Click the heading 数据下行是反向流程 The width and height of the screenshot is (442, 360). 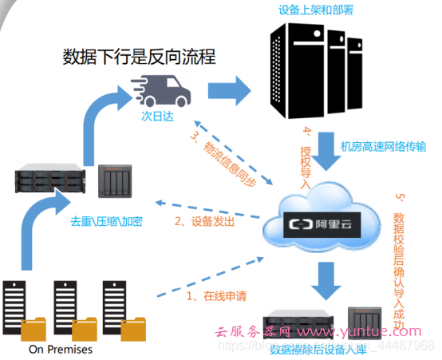tap(139, 57)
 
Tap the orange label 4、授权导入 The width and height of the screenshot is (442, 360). tap(306, 156)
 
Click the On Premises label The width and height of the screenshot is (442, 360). tap(61, 349)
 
